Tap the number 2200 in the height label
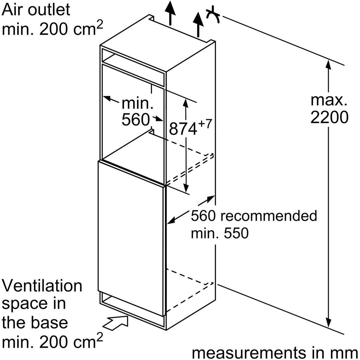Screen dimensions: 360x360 (329, 117)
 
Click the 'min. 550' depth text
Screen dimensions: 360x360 (219, 233)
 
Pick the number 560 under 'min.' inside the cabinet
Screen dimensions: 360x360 (135, 120)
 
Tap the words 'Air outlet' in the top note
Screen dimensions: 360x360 (36, 10)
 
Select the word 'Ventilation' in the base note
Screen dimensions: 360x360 (42, 286)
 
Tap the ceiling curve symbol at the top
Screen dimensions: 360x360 (213, 15)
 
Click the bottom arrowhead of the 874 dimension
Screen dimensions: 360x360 (186, 187)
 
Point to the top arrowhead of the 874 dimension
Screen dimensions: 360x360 (186, 103)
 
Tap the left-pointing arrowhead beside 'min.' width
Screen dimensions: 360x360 (107, 99)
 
